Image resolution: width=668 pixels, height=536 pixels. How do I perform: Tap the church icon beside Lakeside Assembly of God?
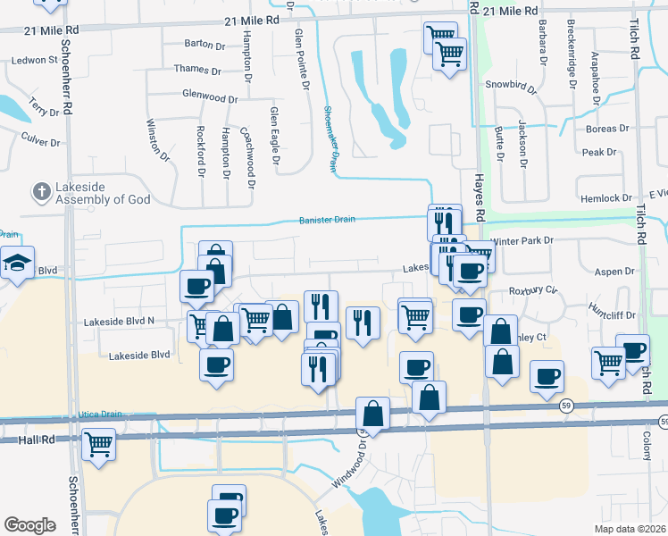click(40, 191)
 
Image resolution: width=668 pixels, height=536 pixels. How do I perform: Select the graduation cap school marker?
click(17, 263)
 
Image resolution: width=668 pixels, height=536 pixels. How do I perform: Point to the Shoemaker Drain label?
click(330, 138)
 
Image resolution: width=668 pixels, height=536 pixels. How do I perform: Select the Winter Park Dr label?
click(522, 240)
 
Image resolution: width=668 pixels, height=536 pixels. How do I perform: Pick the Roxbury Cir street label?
click(533, 290)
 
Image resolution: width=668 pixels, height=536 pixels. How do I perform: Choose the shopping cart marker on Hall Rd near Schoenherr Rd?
click(98, 443)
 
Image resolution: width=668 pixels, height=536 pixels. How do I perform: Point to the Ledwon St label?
click(35, 61)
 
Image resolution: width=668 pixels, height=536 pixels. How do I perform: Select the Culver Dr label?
click(40, 142)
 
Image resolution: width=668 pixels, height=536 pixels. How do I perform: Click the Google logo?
click(29, 524)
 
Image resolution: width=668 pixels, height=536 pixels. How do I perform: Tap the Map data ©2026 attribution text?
click(630, 528)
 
